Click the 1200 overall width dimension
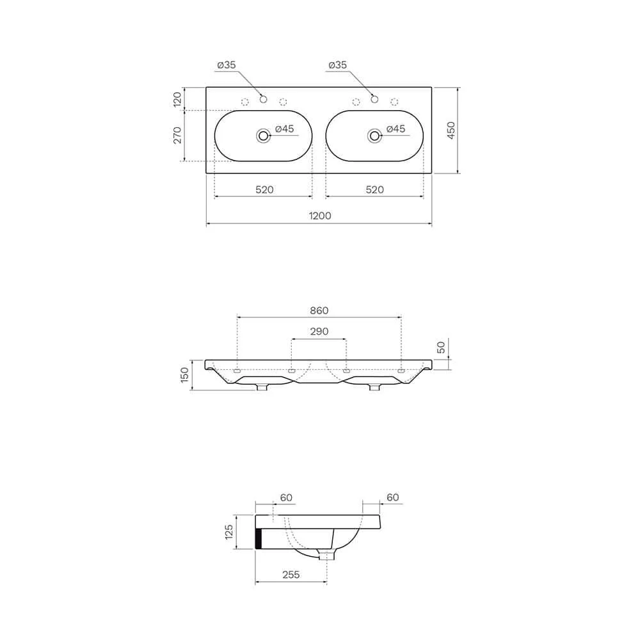point(319,216)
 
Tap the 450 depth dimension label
point(451,130)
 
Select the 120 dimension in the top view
point(177,100)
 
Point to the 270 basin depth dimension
point(177,135)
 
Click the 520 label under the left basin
point(264,189)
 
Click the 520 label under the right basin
point(374,189)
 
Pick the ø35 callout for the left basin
point(227,65)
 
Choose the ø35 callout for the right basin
point(337,65)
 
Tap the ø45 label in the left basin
point(285,129)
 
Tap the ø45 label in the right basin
point(396,129)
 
